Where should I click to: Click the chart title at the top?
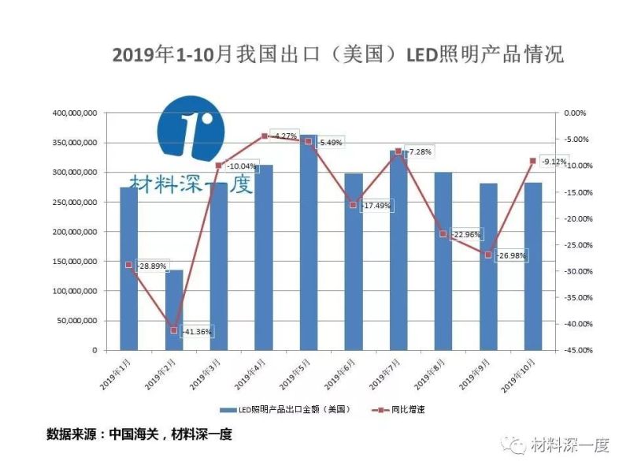click(338, 55)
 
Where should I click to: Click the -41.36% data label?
click(196, 332)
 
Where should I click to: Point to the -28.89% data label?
click(151, 266)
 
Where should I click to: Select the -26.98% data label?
click(510, 256)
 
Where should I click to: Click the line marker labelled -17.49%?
click(353, 204)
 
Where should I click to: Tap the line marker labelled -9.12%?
click(532, 161)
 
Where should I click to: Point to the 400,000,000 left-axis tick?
click(75, 114)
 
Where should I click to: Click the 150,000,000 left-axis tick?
click(75, 262)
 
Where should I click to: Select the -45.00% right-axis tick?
click(574, 350)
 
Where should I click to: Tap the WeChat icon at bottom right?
click(517, 445)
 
